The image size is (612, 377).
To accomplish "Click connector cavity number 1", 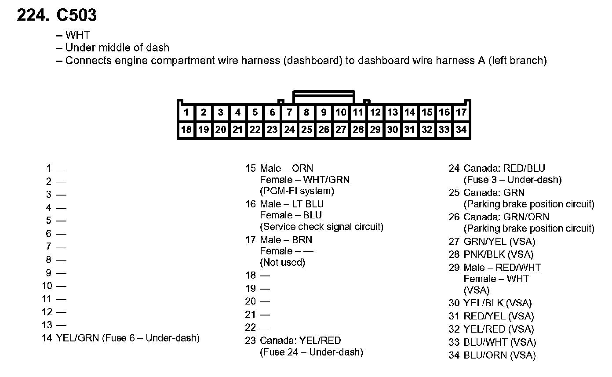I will [x=186, y=112].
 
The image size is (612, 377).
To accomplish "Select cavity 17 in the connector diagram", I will [x=461, y=112].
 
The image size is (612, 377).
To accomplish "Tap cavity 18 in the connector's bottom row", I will [x=186, y=130].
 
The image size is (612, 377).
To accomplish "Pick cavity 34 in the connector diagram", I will [x=461, y=130].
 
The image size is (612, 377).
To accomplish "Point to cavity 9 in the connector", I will [x=324, y=112].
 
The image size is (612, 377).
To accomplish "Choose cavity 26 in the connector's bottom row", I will [x=324, y=130].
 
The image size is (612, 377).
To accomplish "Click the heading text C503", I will [x=76, y=16].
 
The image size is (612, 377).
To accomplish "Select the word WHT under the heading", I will [x=77, y=35].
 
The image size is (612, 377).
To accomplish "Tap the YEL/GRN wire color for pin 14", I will [x=78, y=338].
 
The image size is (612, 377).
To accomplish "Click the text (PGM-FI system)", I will [x=297, y=191].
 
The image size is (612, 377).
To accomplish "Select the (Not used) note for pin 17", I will [x=282, y=262].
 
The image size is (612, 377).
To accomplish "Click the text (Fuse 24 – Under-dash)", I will [x=311, y=352].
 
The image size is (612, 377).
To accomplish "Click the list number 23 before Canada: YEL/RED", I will [x=250, y=341].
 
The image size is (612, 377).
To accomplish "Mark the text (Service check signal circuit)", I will [x=321, y=227].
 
